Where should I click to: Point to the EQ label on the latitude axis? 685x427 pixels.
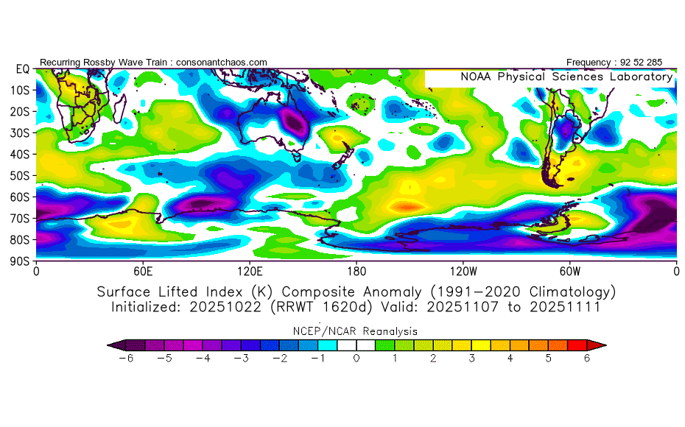[23, 69]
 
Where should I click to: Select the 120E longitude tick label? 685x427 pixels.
[250, 270]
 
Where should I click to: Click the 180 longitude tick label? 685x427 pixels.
[356, 270]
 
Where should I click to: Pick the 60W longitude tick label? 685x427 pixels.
[569, 270]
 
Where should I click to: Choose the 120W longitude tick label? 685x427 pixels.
[463, 270]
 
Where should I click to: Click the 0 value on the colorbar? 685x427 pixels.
[356, 359]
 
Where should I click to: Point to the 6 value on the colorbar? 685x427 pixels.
[587, 359]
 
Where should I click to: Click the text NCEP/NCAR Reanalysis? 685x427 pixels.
[356, 331]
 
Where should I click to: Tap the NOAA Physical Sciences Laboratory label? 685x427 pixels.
[566, 77]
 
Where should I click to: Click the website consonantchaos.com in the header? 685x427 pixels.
[222, 63]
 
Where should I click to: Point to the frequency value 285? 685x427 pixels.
[654, 63]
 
